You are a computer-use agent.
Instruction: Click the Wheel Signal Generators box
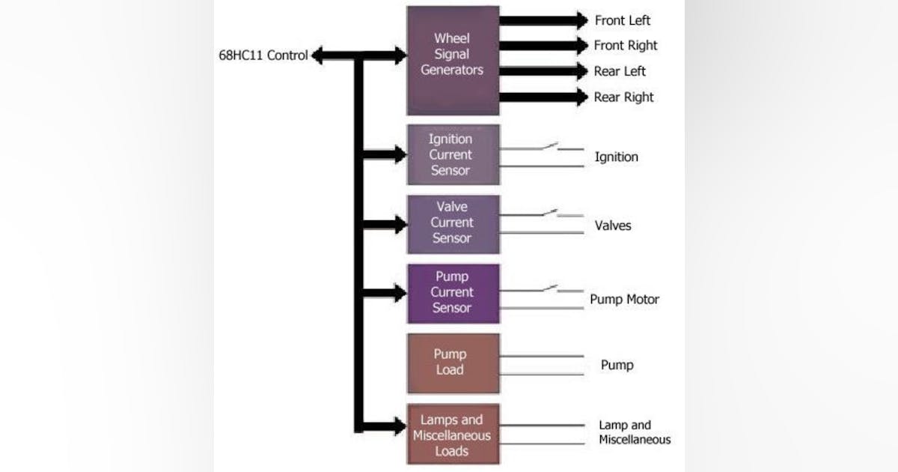point(453,60)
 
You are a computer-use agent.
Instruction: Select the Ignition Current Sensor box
point(453,154)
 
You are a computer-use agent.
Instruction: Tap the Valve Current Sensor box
point(453,223)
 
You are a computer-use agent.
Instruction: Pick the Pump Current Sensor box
point(453,293)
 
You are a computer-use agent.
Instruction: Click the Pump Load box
point(453,363)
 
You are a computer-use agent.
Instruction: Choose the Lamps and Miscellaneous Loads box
point(453,435)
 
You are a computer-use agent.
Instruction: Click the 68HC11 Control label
point(263,55)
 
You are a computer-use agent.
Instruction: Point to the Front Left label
point(622,20)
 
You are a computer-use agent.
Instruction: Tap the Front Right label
point(625,46)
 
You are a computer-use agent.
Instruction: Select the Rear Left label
point(619,71)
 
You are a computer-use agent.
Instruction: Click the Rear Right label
point(623,97)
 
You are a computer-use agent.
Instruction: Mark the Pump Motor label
point(624,300)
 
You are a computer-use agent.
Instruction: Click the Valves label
point(613,226)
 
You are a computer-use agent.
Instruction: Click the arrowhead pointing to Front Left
point(581,20)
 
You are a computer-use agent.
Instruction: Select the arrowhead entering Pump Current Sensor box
point(400,293)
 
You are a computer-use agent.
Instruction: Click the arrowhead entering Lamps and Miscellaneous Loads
point(400,427)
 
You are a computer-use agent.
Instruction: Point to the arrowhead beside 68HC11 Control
point(317,55)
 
